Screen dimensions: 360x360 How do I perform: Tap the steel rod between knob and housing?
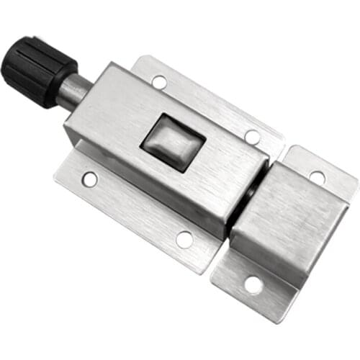pos(73,90)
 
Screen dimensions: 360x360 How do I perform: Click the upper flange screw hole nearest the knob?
pos(160,81)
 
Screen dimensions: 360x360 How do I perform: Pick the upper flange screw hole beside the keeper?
pos(252,136)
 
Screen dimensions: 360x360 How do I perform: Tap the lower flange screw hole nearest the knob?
pos(90,179)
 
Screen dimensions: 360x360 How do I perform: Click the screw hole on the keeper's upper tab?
pos(317,175)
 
